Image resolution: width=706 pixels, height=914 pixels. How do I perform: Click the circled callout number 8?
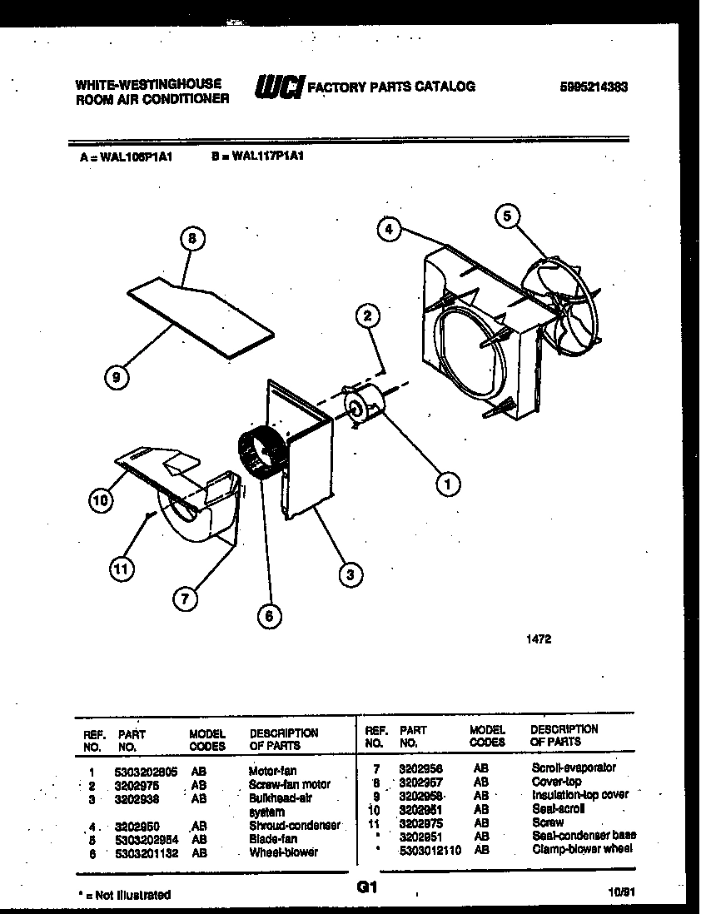tap(192, 238)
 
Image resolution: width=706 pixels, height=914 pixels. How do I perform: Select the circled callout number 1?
tap(449, 483)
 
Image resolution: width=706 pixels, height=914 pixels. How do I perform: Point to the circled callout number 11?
tap(122, 569)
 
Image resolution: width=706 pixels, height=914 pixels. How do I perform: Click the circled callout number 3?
tap(351, 573)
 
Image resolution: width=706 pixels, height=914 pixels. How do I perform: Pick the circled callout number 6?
tap(267, 616)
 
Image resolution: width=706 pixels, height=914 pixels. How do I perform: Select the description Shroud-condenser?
tap(295, 825)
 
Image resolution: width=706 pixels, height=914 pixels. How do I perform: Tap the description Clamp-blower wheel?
tap(582, 848)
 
